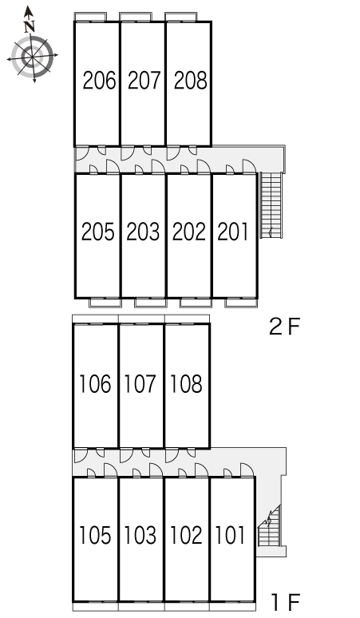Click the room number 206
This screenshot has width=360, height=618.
[99, 81]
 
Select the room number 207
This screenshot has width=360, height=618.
[144, 81]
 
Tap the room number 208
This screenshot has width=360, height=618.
[191, 81]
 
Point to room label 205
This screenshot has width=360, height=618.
[98, 232]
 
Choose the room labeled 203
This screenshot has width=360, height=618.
[143, 232]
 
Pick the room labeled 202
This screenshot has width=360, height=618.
[189, 232]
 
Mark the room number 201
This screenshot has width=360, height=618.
[233, 232]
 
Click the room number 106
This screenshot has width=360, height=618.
[95, 384]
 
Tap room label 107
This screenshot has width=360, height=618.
[140, 384]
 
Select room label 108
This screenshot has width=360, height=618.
[186, 384]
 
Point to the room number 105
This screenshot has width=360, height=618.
[95, 535]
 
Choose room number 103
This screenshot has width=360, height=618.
[140, 535]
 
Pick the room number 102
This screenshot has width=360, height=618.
[186, 535]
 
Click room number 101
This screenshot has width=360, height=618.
[231, 535]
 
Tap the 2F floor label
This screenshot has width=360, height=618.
[284, 327]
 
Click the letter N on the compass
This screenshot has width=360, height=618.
[30, 27]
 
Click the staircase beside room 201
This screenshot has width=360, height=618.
[271, 205]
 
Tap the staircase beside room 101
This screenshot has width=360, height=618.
[270, 526]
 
